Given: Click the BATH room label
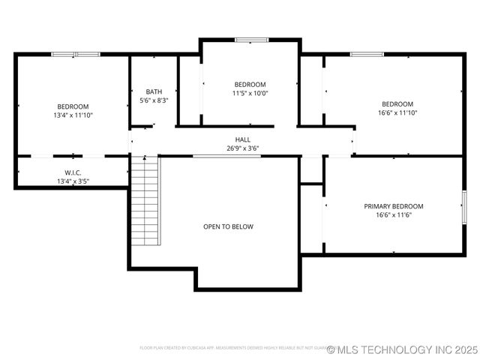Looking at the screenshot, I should click(x=154, y=91).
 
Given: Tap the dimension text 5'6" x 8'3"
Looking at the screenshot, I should click(x=154, y=100).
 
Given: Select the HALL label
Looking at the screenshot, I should click(x=243, y=139).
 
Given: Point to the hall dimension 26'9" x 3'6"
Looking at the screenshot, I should click(x=243, y=148).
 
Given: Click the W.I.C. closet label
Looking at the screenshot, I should click(x=73, y=172).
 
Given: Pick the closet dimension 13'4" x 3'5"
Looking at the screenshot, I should click(x=73, y=181).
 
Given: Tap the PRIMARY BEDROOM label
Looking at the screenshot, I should click(x=394, y=206).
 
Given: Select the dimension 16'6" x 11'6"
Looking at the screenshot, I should click(x=394, y=215).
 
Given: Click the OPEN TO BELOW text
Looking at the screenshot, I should click(x=228, y=226).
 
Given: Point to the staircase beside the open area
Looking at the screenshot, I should click(x=145, y=200).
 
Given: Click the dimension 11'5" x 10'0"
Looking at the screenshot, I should click(x=250, y=94).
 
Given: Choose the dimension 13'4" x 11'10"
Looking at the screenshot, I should click(x=73, y=115).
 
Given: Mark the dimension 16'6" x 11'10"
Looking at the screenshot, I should click(x=397, y=112).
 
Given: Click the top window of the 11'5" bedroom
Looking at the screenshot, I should click(x=251, y=40).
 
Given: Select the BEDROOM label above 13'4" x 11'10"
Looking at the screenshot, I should click(x=73, y=106).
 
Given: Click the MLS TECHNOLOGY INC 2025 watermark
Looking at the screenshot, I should click(x=402, y=349).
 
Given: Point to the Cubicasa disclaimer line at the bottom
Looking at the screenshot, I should click(x=232, y=348).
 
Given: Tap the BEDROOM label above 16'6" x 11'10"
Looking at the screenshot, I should click(x=397, y=103).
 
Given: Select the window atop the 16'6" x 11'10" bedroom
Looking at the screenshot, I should click(x=367, y=54).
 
